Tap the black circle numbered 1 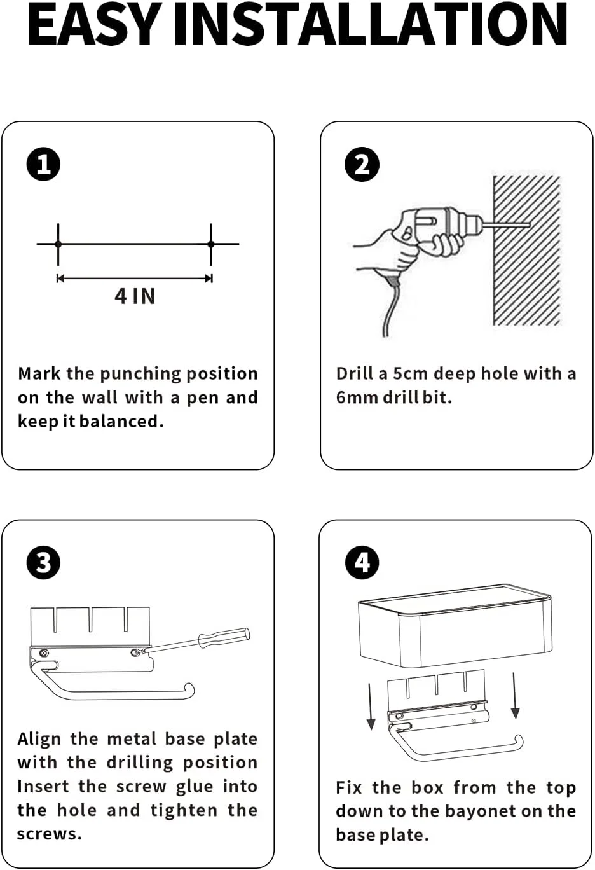click(43, 165)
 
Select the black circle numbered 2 click(362, 165)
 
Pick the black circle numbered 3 click(43, 563)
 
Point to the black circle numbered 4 click(362, 563)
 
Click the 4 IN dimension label click(135, 297)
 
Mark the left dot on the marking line click(58, 244)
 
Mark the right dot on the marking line click(211, 244)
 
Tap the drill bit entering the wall click(507, 224)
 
